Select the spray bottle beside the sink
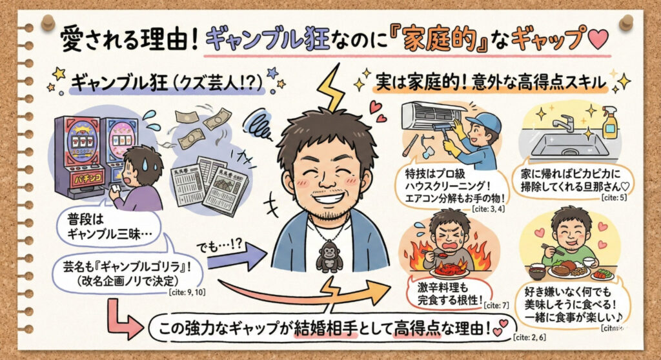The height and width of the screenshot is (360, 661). (609, 124)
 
